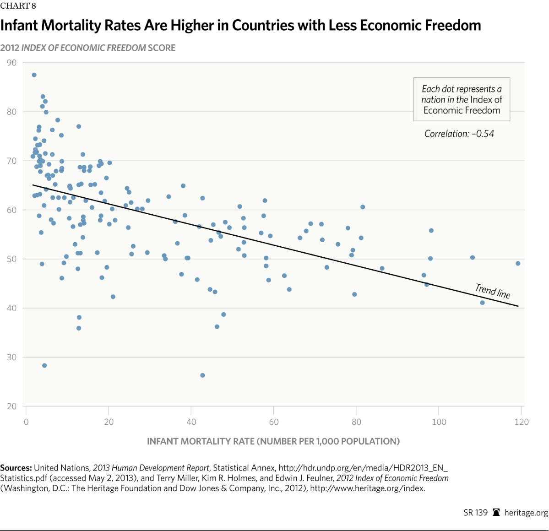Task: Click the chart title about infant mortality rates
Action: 240,26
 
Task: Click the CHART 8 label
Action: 18,6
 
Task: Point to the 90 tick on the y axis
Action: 12,63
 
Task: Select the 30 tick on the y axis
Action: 12,357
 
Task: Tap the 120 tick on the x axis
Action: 521,422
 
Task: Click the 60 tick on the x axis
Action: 274,422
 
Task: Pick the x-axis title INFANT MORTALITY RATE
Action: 273,441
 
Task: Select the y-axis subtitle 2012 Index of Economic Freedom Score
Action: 87,48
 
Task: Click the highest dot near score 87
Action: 34,75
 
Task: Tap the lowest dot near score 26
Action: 202,375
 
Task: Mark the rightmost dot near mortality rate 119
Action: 518,263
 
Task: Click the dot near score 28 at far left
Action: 44,365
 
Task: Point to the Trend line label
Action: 493,291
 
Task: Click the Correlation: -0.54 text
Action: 459,134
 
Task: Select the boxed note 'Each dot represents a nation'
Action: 462,99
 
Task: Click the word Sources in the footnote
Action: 16,468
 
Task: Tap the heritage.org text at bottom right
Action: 526,513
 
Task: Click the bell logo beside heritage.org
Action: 496,513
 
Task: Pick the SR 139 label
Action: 475,513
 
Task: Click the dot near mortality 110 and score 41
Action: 482,303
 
